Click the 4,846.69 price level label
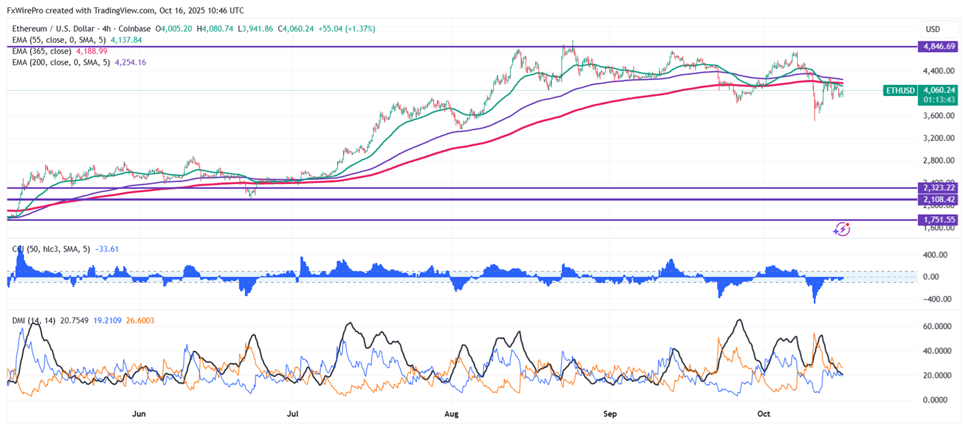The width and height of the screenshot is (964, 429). [x=937, y=47]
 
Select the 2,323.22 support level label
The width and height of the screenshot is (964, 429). [x=937, y=188]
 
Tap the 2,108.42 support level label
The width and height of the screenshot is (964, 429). [x=937, y=199]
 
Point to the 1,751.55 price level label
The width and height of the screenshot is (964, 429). [x=937, y=220]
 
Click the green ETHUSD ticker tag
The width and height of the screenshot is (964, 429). [x=899, y=90]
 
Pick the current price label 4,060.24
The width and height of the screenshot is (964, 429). [x=937, y=89]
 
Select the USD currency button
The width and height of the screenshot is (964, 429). [x=933, y=29]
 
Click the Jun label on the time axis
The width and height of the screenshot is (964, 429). [x=139, y=414]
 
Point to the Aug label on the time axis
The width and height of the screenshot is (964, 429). [x=452, y=414]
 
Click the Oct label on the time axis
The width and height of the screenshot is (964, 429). [x=764, y=414]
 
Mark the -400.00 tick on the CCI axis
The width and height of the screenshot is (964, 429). [x=936, y=299]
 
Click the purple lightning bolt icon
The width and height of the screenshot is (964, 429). [x=841, y=230]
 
